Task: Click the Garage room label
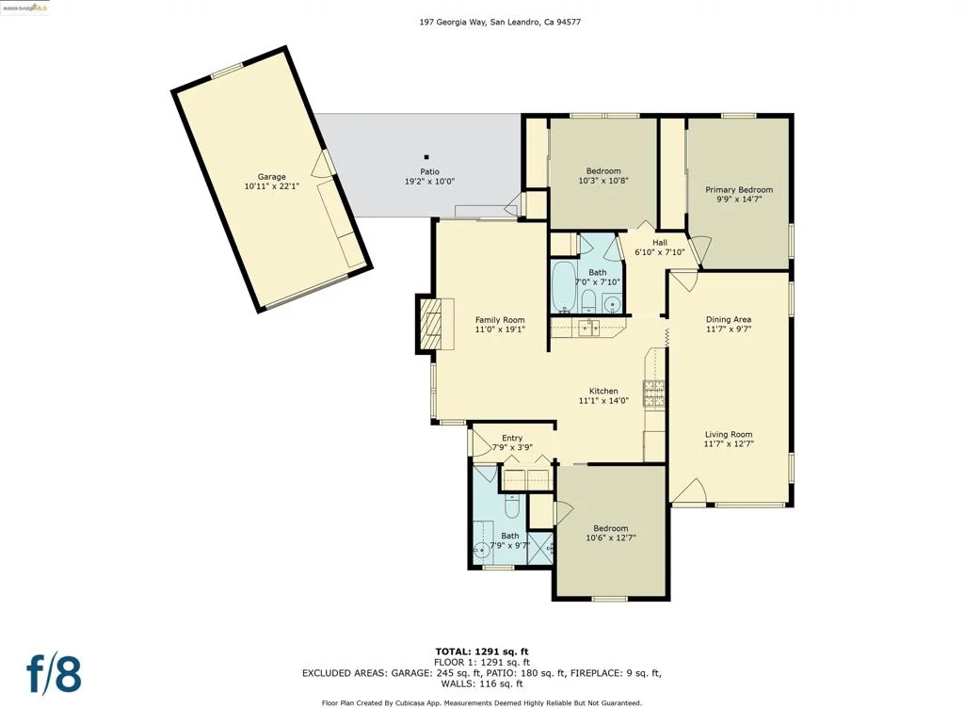pyautogui.click(x=271, y=176)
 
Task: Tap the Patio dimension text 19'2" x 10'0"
pyautogui.click(x=429, y=182)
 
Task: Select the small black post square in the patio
pyautogui.click(x=426, y=157)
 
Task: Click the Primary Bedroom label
pyautogui.click(x=739, y=189)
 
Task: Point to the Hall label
pyautogui.click(x=660, y=242)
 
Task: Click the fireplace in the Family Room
pyautogui.click(x=435, y=324)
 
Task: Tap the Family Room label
pyautogui.click(x=500, y=320)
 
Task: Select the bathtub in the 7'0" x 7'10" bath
pyautogui.click(x=563, y=287)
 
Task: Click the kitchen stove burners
pyautogui.click(x=654, y=394)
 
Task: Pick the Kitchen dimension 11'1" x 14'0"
pyautogui.click(x=603, y=401)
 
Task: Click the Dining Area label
pyautogui.click(x=729, y=319)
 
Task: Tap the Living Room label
pyautogui.click(x=729, y=434)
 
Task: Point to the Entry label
pyautogui.click(x=512, y=438)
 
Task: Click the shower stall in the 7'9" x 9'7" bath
pyautogui.click(x=541, y=549)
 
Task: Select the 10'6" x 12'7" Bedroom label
pyautogui.click(x=610, y=528)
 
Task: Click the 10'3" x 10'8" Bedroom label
pyautogui.click(x=603, y=171)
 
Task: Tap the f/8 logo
pyautogui.click(x=54, y=674)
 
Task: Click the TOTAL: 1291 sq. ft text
pyautogui.click(x=482, y=651)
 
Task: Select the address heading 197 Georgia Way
pyautogui.click(x=453, y=23)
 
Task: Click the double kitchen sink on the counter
pyautogui.click(x=587, y=328)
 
